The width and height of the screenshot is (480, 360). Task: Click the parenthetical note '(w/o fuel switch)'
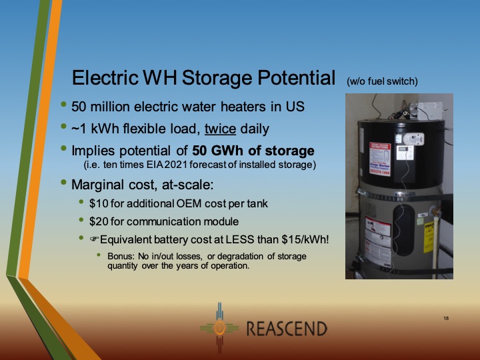[x=382, y=81]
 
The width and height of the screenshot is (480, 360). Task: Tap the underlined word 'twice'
[x=203, y=129]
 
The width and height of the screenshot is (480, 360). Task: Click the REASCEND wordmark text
[x=287, y=329]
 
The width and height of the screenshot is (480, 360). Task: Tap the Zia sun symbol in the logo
[x=217, y=329]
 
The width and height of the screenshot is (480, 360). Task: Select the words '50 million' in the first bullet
[x=102, y=107]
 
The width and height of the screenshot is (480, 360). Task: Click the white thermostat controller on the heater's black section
[x=413, y=138]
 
